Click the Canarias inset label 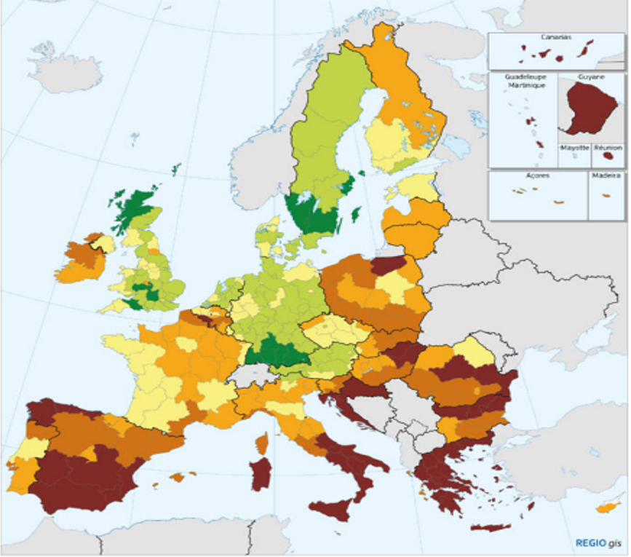pyautogui.click(x=555, y=36)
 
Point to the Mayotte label pyautogui.click(x=574, y=147)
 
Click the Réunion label pyautogui.click(x=608, y=147)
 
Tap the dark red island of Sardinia pyautogui.click(x=260, y=474)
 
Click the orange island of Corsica pyautogui.click(x=263, y=443)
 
